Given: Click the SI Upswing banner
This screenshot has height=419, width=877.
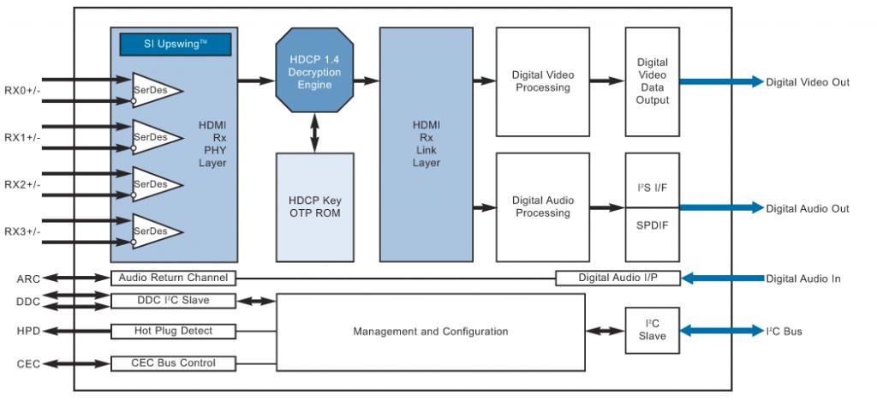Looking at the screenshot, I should (x=173, y=43).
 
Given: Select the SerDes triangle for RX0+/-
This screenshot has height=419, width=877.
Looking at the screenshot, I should (x=154, y=89).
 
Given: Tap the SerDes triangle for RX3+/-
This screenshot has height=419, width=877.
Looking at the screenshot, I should (x=154, y=230).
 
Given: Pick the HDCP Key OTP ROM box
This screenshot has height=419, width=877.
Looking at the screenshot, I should (x=314, y=207).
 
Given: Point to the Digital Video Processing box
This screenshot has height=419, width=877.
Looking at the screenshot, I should (x=543, y=81).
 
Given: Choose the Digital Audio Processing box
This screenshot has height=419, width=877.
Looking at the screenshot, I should (x=543, y=207).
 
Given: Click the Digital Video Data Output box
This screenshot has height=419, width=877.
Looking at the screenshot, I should (x=653, y=81).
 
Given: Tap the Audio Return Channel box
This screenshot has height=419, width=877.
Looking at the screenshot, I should (x=173, y=278).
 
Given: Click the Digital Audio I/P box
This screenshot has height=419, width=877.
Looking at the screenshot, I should (x=617, y=278).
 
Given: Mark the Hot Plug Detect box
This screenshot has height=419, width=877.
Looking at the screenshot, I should (x=173, y=331).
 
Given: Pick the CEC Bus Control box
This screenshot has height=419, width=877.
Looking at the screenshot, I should (x=173, y=363).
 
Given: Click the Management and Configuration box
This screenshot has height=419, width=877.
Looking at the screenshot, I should (x=431, y=332).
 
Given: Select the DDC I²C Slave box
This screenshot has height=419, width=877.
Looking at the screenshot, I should (x=173, y=301).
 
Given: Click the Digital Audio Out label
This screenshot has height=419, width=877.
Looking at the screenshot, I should (x=808, y=207).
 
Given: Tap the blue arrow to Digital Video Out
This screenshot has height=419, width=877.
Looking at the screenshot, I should (x=720, y=81).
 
